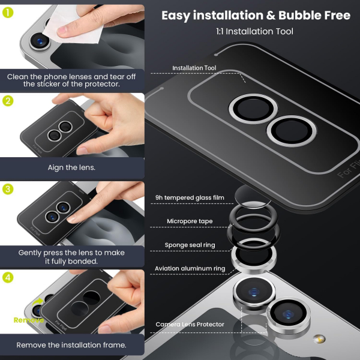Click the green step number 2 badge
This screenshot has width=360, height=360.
click(x=8, y=101)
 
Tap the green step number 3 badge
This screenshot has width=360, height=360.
click(x=8, y=190)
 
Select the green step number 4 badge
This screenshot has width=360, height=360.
click(x=8, y=278)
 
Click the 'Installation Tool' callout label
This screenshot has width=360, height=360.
click(x=194, y=68)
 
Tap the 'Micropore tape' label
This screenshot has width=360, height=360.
click(x=190, y=221)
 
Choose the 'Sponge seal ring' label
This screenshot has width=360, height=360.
click(x=190, y=245)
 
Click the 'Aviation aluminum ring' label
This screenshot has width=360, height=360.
click(x=190, y=268)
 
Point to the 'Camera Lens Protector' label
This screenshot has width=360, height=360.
click(x=190, y=325)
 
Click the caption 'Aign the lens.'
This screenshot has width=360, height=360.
click(x=72, y=167)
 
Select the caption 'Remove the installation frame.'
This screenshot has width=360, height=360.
click(x=71, y=345)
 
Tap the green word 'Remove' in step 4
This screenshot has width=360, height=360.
click(x=29, y=320)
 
